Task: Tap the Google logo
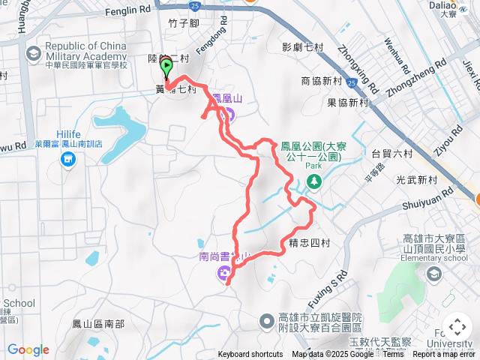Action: (x=28, y=349)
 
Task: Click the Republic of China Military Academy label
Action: (x=86, y=52)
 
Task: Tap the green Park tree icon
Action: (x=313, y=181)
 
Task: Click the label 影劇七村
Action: (x=302, y=46)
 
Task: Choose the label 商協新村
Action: (x=321, y=80)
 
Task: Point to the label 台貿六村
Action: (x=391, y=153)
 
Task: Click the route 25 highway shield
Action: (x=194, y=5)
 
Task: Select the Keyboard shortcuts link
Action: (x=250, y=355)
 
